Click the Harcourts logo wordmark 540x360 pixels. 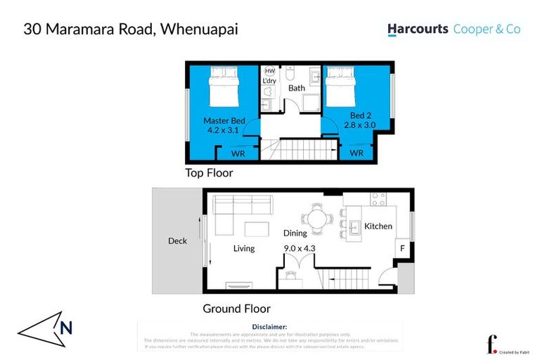[x=418, y=30]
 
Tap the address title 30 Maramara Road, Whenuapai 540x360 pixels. [x=131, y=30]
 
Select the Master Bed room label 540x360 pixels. [x=224, y=121]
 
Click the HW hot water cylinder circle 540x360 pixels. [x=270, y=71]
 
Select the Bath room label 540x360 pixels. [x=297, y=89]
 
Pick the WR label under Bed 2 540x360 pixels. [x=356, y=153]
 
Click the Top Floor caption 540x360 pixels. [x=209, y=173]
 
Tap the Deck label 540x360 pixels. [x=177, y=241]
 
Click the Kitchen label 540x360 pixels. [x=378, y=226]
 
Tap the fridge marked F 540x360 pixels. [x=402, y=249]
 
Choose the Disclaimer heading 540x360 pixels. [x=269, y=327]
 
